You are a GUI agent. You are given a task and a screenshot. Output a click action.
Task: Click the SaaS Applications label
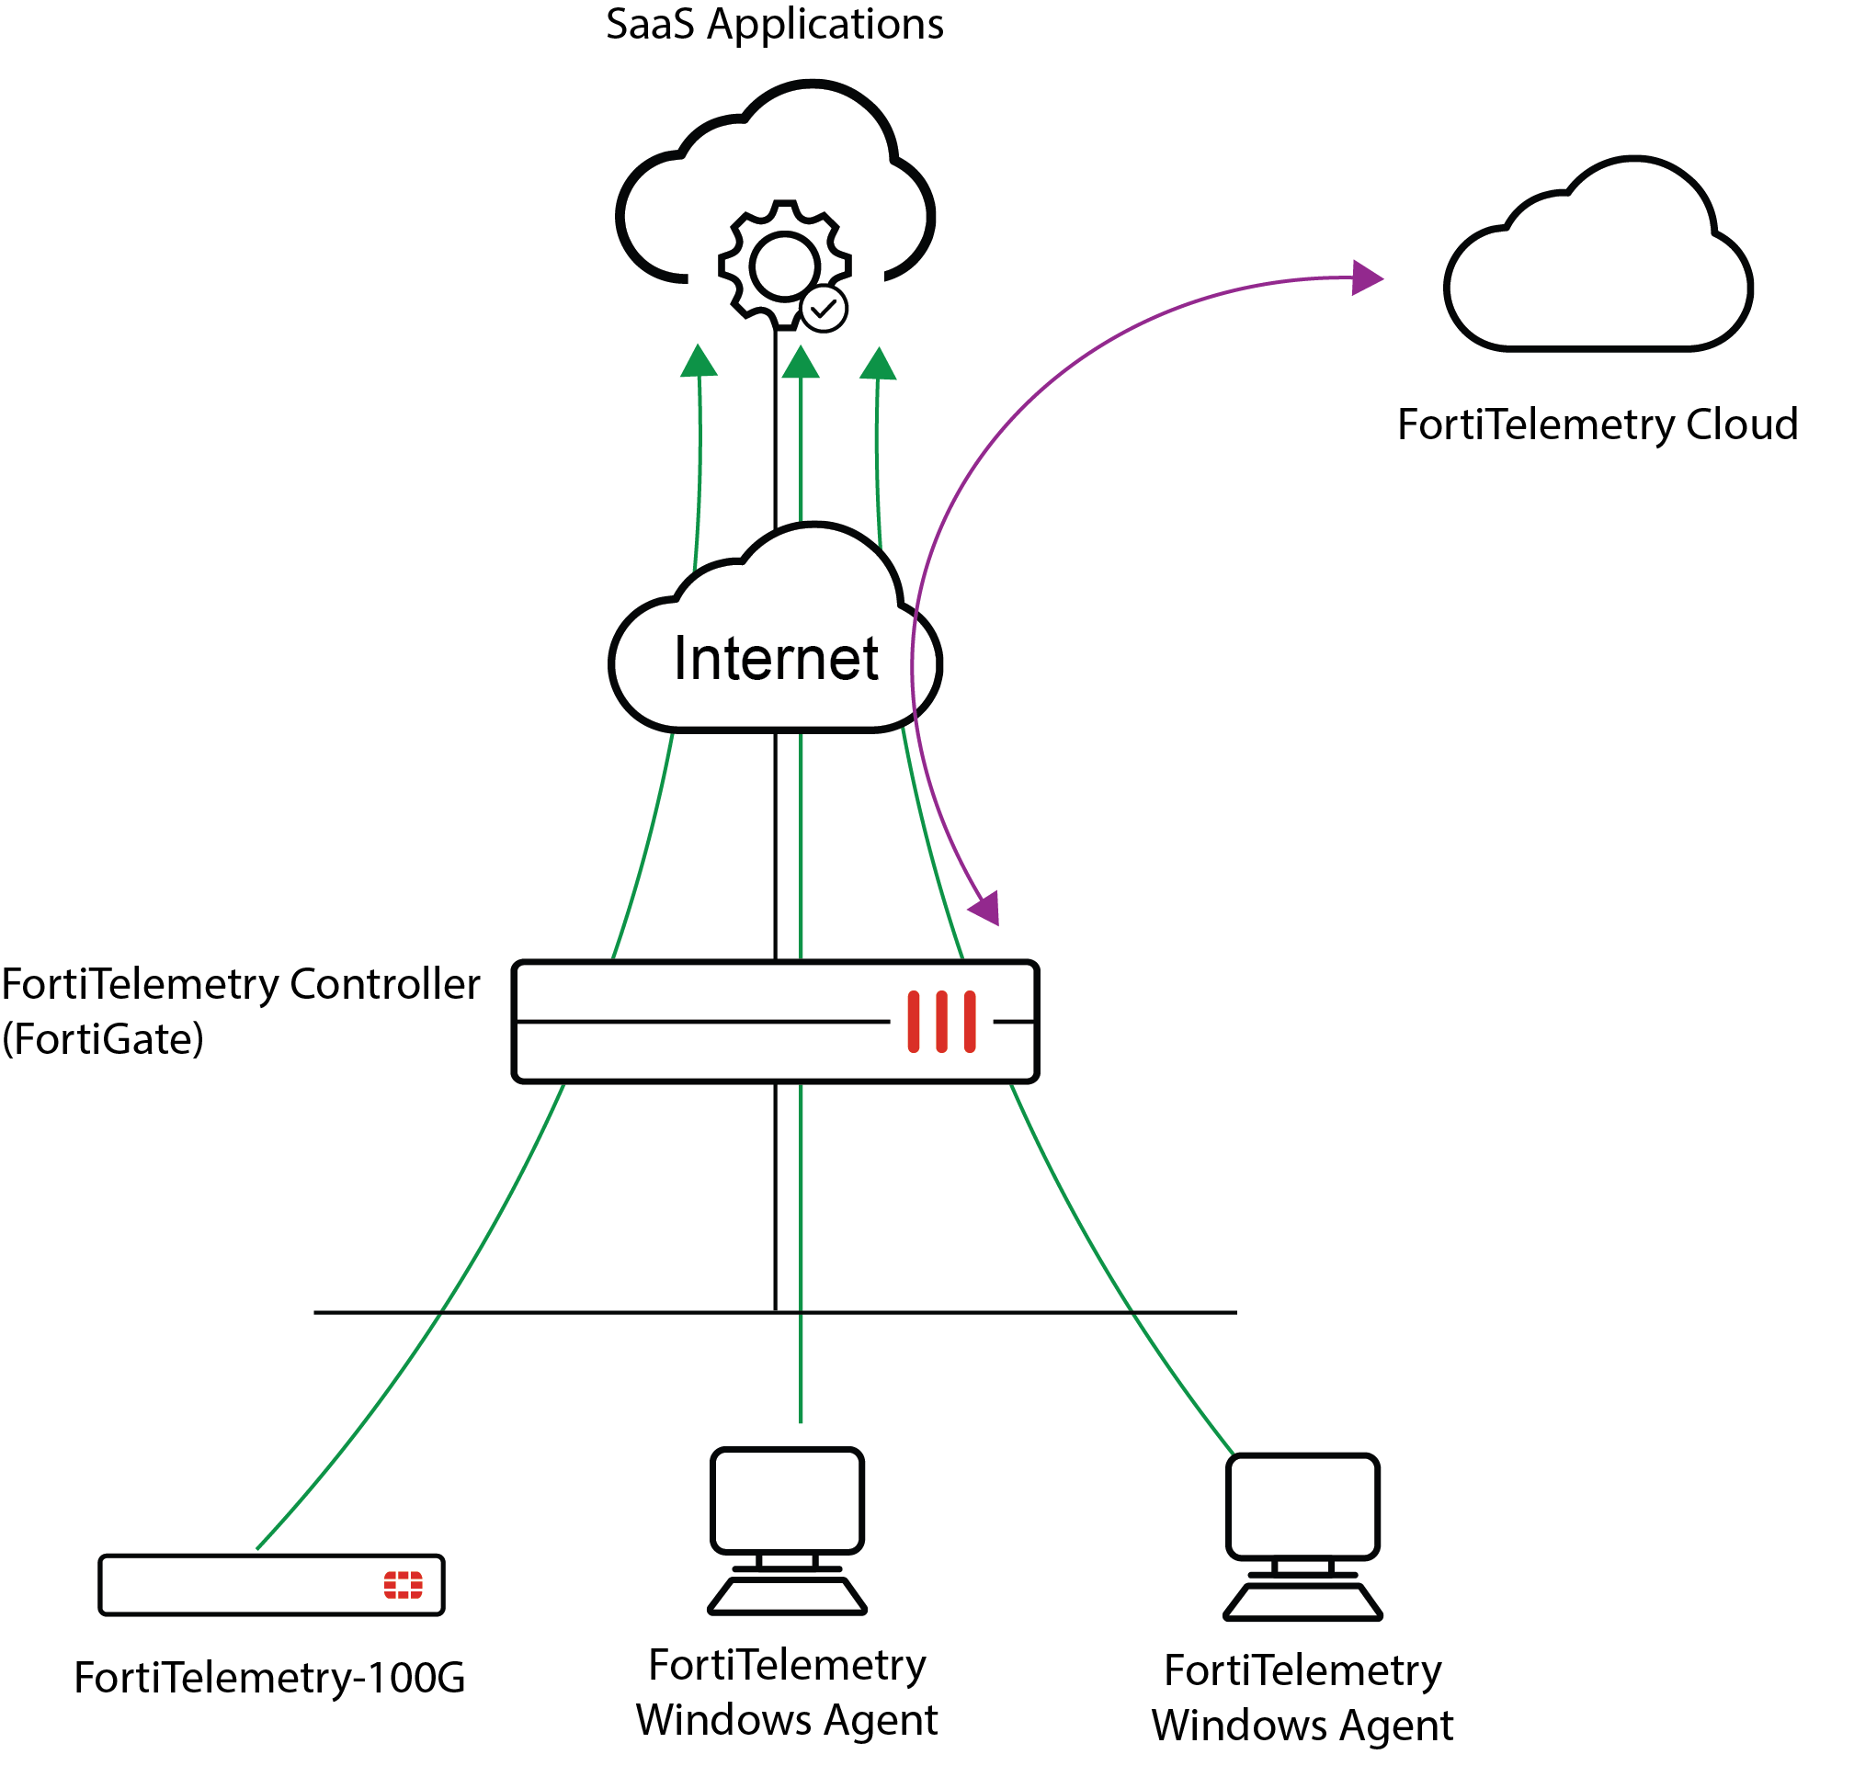[x=774, y=25]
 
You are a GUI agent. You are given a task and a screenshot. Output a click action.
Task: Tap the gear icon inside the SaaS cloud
[x=783, y=266]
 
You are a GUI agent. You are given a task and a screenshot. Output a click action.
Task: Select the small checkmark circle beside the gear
[x=824, y=309]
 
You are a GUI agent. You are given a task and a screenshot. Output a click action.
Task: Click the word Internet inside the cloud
[x=776, y=659]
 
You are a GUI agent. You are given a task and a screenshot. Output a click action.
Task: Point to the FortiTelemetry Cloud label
[x=1597, y=424]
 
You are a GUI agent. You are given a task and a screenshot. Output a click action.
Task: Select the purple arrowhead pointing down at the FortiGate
[x=985, y=907]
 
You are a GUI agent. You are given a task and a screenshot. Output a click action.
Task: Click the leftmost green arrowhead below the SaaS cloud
[x=699, y=360]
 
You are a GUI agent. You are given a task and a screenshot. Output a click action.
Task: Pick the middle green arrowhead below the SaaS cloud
[x=801, y=362]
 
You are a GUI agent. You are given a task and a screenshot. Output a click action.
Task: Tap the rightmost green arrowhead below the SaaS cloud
[x=879, y=364]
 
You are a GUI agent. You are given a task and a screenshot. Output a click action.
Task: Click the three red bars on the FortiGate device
[x=941, y=1022]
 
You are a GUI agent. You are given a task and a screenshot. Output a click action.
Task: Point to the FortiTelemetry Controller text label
[x=241, y=984]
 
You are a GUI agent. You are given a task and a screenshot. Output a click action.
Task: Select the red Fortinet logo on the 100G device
[x=403, y=1585]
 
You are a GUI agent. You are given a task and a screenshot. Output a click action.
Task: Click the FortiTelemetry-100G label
[x=270, y=1678]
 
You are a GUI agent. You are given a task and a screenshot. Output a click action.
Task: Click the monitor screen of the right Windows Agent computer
[x=1302, y=1507]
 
